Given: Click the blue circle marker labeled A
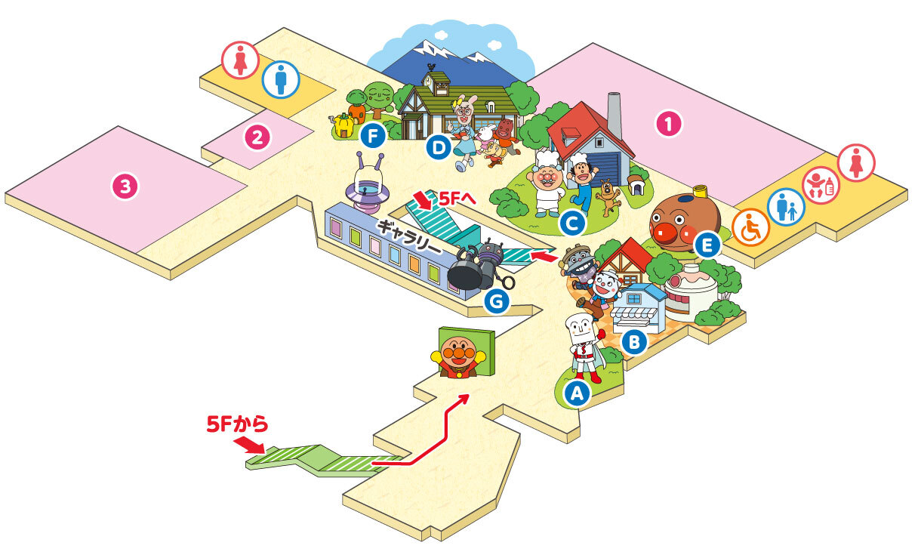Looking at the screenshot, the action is [578, 393].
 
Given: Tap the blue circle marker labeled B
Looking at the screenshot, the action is [634, 341].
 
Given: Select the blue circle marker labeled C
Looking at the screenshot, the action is [572, 224].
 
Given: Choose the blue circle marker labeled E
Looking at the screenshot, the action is [707, 245].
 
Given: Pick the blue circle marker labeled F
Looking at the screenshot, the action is [373, 136].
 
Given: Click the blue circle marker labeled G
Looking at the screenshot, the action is [497, 301].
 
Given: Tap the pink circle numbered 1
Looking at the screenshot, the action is [669, 123].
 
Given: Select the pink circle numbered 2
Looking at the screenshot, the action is [257, 137].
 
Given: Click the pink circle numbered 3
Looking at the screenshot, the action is [125, 187].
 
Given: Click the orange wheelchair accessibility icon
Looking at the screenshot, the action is [750, 227].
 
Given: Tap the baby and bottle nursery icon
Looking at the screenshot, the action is [821, 185].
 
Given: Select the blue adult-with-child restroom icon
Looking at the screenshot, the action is [786, 207].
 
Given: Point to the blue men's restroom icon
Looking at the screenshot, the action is [281, 79].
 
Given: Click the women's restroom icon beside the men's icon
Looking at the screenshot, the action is [240, 60].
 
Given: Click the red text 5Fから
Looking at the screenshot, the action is [237, 424].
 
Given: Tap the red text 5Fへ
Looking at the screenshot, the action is [457, 199].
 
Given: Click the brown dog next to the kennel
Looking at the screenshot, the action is [608, 197].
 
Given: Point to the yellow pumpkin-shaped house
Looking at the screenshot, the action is [344, 125].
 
